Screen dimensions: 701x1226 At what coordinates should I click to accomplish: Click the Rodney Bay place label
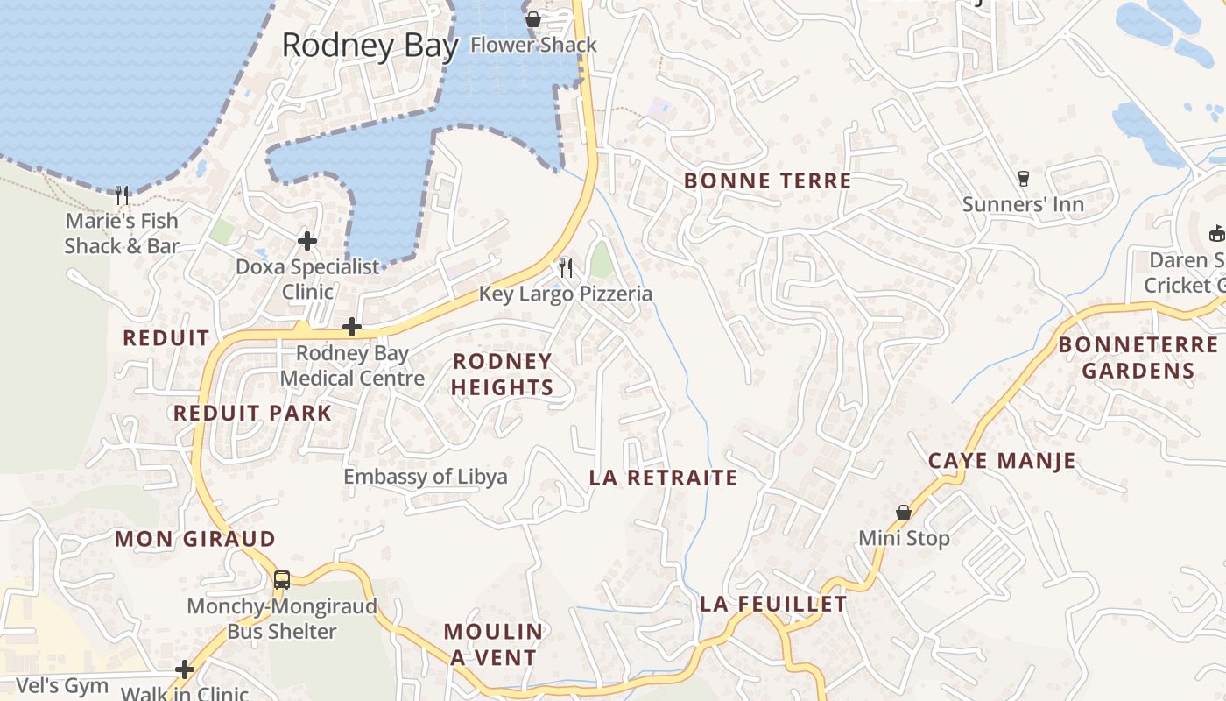coord(370,45)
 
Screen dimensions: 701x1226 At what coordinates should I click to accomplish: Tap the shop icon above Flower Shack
coord(532,19)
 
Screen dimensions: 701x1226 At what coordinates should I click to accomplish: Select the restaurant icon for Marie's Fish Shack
coord(122,195)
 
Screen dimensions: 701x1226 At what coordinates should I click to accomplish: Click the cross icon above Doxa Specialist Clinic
coord(306,240)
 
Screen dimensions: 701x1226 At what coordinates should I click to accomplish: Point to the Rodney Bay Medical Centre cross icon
coord(352,327)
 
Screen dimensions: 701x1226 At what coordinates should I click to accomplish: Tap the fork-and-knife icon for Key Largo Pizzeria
coord(566,267)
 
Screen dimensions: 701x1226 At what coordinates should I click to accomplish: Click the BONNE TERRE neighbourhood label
coord(767,181)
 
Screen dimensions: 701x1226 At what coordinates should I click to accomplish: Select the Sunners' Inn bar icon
coord(1023,179)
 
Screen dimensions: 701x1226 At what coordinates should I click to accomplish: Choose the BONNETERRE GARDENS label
coord(1138,358)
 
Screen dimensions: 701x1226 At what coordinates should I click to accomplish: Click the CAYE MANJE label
coord(1002,461)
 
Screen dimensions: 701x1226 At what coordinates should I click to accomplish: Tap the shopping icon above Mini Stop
coord(904,512)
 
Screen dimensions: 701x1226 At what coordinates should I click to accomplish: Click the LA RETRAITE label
coord(663,478)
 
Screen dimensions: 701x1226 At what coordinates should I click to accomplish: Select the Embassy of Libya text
coord(425,477)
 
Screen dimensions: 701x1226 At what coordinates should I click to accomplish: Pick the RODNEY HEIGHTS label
coord(503,374)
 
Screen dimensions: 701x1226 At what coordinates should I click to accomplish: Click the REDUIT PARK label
coord(252,414)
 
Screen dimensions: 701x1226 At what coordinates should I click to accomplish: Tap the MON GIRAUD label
coord(195,539)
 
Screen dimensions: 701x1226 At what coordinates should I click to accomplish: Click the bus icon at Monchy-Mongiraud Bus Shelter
coord(281,579)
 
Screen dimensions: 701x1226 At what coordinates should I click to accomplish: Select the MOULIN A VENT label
coord(493,644)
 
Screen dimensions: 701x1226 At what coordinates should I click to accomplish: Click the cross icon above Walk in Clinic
coord(184,669)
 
